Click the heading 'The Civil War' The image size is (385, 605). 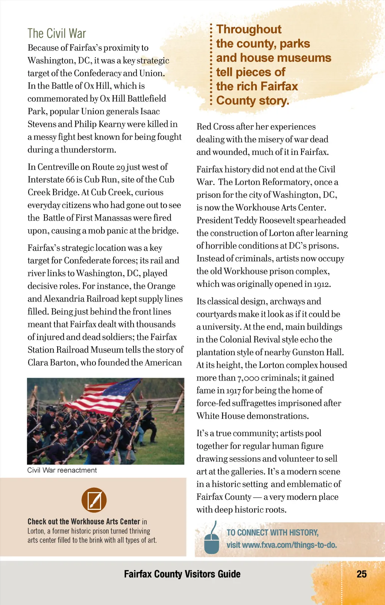(57, 33)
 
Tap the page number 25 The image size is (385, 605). (361, 574)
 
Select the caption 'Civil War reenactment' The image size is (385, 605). (62, 470)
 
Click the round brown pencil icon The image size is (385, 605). (94, 500)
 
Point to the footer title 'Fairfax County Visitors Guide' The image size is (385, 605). (182, 574)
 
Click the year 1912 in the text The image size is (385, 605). (322, 284)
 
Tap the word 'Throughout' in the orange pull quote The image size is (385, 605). (249, 29)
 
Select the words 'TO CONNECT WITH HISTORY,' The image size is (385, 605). (273, 532)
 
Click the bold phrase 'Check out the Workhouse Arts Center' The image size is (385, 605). (84, 522)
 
